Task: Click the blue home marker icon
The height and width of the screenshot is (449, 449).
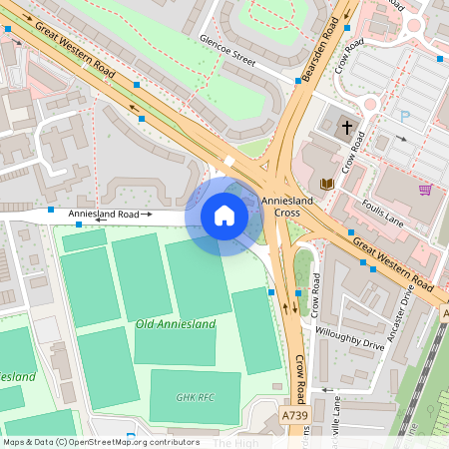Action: coord(224,216)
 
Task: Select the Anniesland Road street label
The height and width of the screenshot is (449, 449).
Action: coord(105,214)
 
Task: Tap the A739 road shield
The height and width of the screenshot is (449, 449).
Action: coord(295,415)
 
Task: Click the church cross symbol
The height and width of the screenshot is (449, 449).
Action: coord(347,128)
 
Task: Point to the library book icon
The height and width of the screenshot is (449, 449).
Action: coord(326,184)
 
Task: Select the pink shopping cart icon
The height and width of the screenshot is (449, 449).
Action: coord(425,190)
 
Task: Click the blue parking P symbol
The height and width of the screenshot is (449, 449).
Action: coord(404,117)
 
